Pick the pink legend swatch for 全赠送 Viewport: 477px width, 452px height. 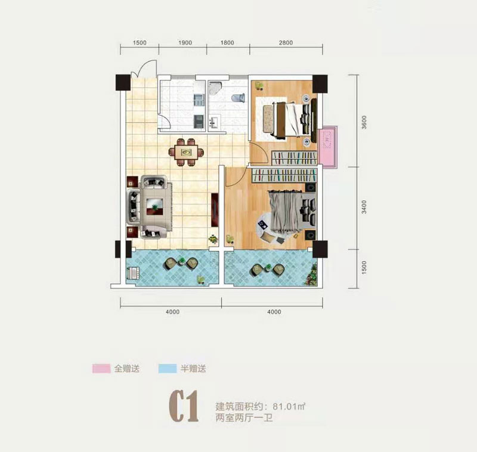tap(101, 369)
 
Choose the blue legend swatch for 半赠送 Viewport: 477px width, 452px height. tap(168, 369)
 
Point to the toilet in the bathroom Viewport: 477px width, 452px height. tap(237, 97)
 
